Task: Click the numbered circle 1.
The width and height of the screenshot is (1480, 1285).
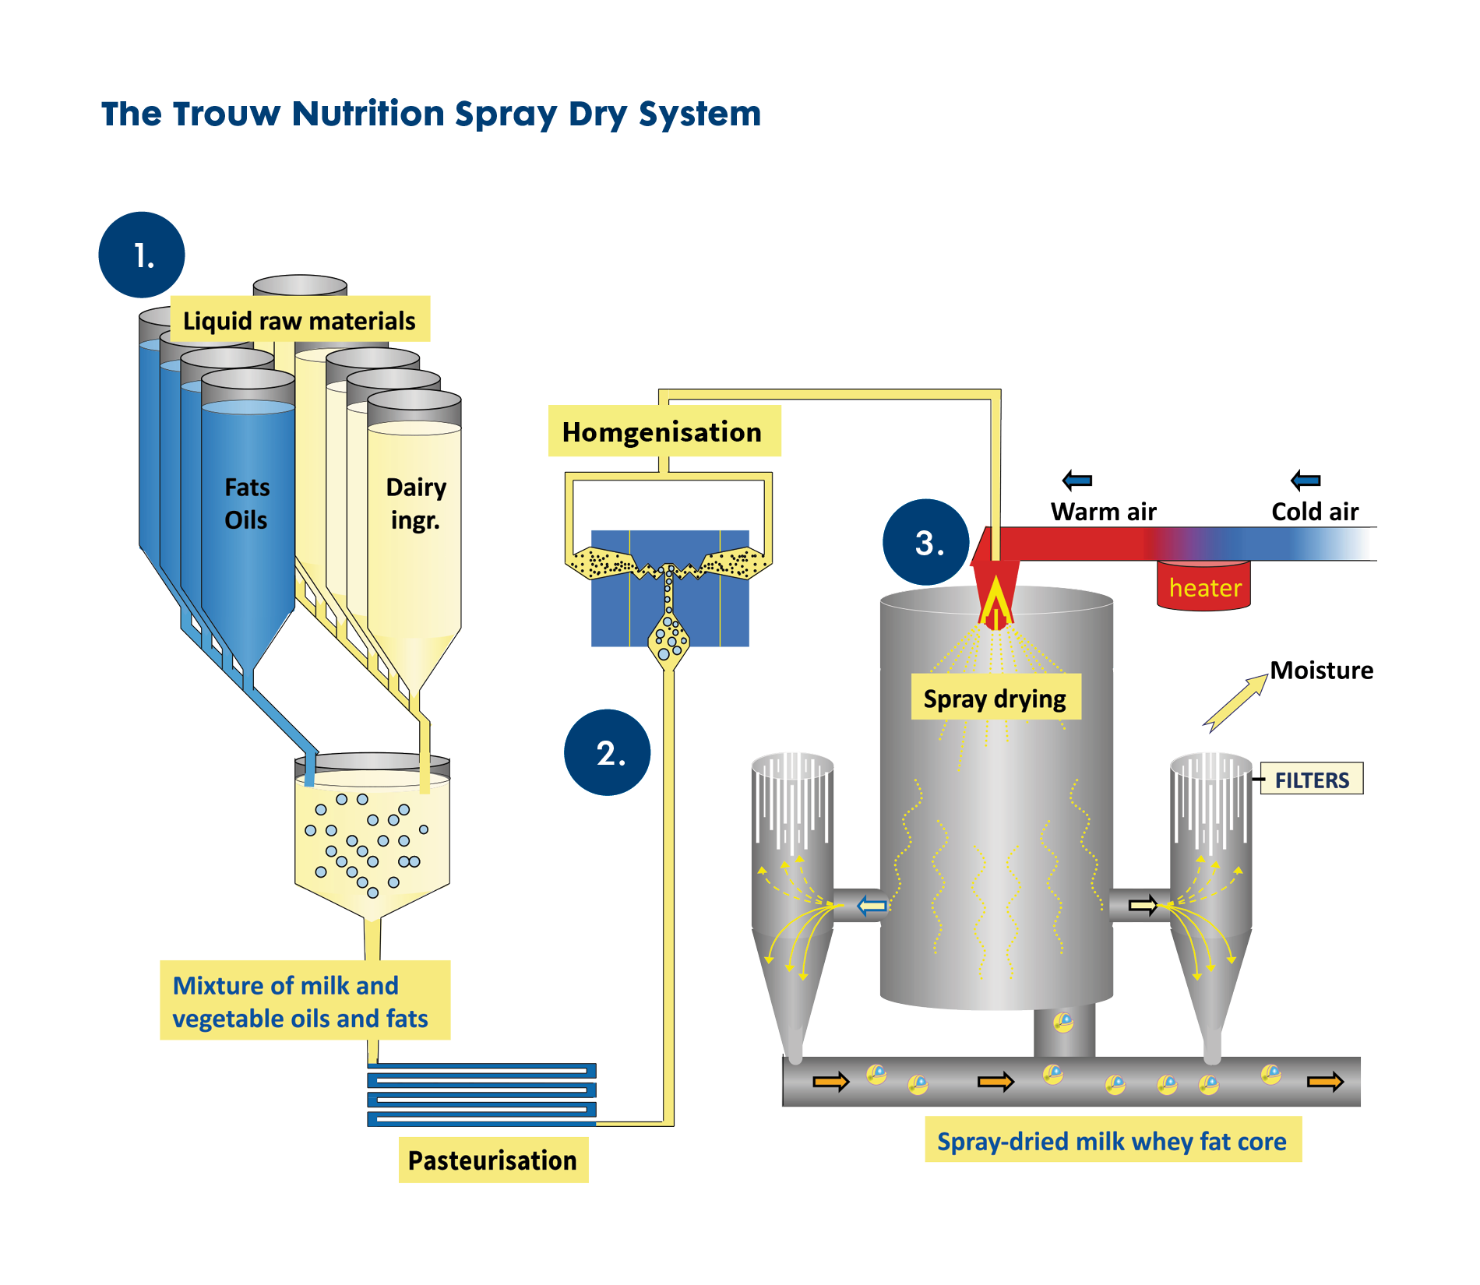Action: pyautogui.click(x=142, y=255)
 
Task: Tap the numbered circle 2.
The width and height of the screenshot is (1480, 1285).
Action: pyautogui.click(x=607, y=752)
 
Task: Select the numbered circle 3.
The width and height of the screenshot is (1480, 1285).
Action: pyautogui.click(x=925, y=542)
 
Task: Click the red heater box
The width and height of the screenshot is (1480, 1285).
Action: pyautogui.click(x=1203, y=587)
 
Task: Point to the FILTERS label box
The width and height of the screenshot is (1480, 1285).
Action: pyautogui.click(x=1312, y=779)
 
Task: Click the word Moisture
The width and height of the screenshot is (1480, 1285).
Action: pyautogui.click(x=1321, y=670)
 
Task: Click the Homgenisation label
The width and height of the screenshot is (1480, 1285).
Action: pyautogui.click(x=663, y=431)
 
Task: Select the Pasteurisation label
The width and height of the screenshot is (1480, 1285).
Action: pyautogui.click(x=493, y=1160)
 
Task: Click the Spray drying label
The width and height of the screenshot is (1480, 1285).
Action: pyautogui.click(x=995, y=698)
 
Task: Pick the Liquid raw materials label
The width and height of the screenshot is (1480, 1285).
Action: pyautogui.click(x=299, y=320)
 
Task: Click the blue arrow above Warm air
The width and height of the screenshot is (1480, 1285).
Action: pyautogui.click(x=1077, y=481)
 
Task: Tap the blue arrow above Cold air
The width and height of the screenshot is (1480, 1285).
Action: pyautogui.click(x=1306, y=481)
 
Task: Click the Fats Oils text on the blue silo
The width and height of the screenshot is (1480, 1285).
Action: pyautogui.click(x=246, y=504)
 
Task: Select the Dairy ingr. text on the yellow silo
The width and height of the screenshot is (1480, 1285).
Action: pyautogui.click(x=416, y=504)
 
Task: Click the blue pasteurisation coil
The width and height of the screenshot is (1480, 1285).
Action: pyautogui.click(x=481, y=1094)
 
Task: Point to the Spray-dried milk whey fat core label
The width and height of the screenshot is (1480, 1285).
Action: pyautogui.click(x=1112, y=1141)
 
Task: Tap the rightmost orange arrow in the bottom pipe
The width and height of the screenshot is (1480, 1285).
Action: pyautogui.click(x=1325, y=1081)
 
